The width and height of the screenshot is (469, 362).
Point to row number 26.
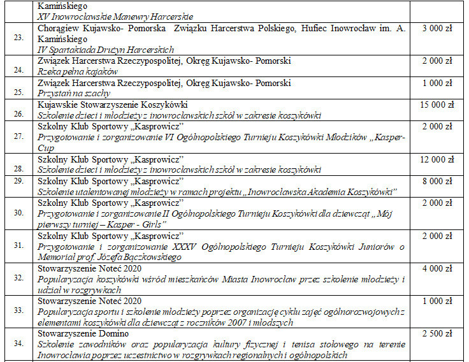coord(18,115)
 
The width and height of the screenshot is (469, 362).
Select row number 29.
coord(18,182)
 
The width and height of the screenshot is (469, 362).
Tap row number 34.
coord(18,345)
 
